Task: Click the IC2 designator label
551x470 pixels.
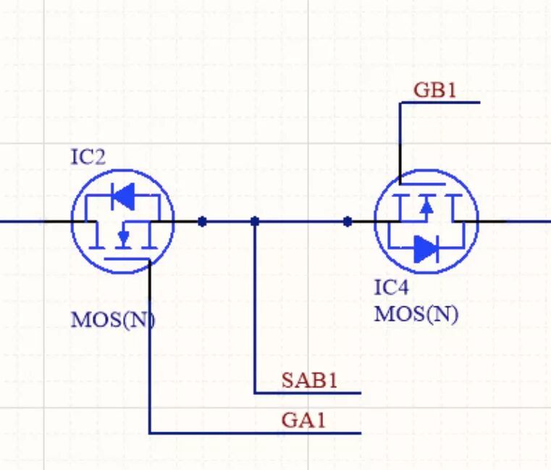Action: [88, 157]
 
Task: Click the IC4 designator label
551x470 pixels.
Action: [391, 288]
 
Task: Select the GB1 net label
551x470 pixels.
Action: [435, 90]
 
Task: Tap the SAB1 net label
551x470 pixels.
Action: [310, 380]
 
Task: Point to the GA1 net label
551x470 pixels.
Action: [304, 420]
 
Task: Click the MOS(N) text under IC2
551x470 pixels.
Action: [113, 319]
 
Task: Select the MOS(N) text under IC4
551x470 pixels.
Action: [416, 314]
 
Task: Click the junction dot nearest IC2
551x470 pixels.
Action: [203, 221]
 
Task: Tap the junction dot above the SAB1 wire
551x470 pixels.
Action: [255, 221]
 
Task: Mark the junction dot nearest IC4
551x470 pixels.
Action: [348, 221]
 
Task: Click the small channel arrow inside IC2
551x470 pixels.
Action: [123, 236]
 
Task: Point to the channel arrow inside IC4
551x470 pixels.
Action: [426, 207]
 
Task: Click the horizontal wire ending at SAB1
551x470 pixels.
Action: [308, 393]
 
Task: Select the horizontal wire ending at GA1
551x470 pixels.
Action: [253, 433]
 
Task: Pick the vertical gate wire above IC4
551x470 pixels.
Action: [400, 141]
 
